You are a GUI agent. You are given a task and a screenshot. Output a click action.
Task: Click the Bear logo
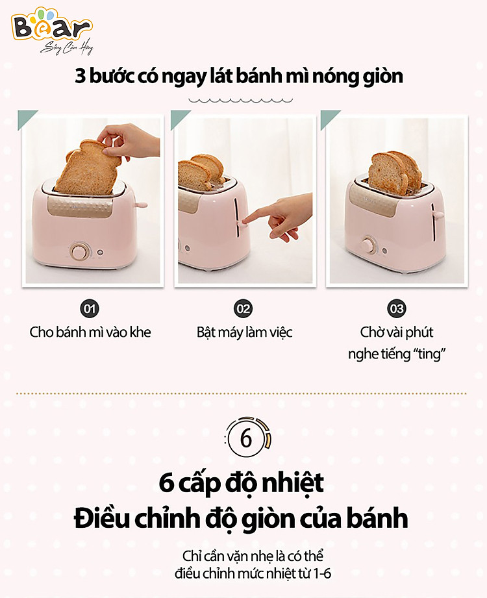tap(52, 29)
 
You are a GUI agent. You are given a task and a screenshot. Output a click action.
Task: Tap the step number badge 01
tap(90, 308)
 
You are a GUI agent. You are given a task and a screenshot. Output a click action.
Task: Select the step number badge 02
tap(243, 308)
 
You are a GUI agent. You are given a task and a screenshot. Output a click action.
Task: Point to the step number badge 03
tap(397, 308)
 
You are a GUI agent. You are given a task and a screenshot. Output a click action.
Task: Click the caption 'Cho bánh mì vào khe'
tap(90, 332)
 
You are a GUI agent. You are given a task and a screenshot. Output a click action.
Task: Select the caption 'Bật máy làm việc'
tap(244, 332)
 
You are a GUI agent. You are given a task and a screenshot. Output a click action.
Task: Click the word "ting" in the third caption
tap(429, 354)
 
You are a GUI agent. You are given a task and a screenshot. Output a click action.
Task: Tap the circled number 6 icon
tap(247, 438)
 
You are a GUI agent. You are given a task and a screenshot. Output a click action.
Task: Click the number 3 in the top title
tap(80, 76)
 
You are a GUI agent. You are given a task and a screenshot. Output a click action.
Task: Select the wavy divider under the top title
tap(241, 101)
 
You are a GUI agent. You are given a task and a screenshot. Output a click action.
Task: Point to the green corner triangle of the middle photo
tap(179, 117)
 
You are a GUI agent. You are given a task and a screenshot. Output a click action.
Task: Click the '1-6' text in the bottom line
tap(322, 573)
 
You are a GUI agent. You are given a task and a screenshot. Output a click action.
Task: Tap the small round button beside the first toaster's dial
tap(100, 253)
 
